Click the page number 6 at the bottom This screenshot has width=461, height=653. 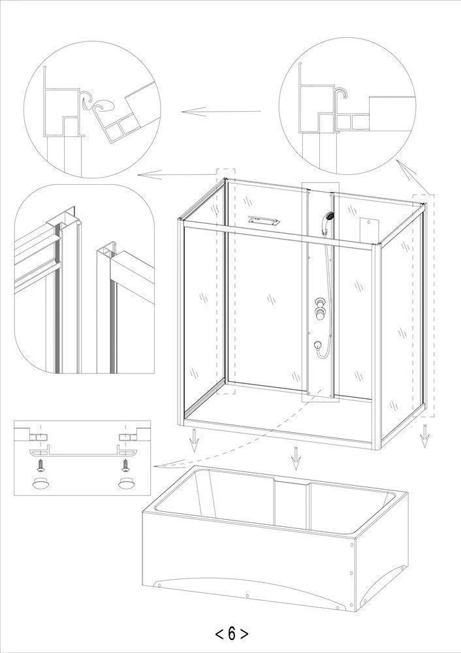(x=232, y=633)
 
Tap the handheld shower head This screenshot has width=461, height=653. (x=329, y=217)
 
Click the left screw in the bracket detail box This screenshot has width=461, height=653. (x=40, y=465)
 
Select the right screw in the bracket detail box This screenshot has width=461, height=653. (x=125, y=465)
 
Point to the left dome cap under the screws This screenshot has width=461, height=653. (x=40, y=483)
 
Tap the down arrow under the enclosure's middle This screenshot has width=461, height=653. (x=296, y=458)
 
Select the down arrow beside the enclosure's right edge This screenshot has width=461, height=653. (x=425, y=436)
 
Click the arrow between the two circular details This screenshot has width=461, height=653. (x=221, y=111)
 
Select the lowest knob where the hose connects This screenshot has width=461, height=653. (x=318, y=345)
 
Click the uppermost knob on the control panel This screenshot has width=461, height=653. (x=320, y=302)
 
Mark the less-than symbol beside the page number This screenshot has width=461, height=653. (x=219, y=634)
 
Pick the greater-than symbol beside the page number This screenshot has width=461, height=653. (x=244, y=634)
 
